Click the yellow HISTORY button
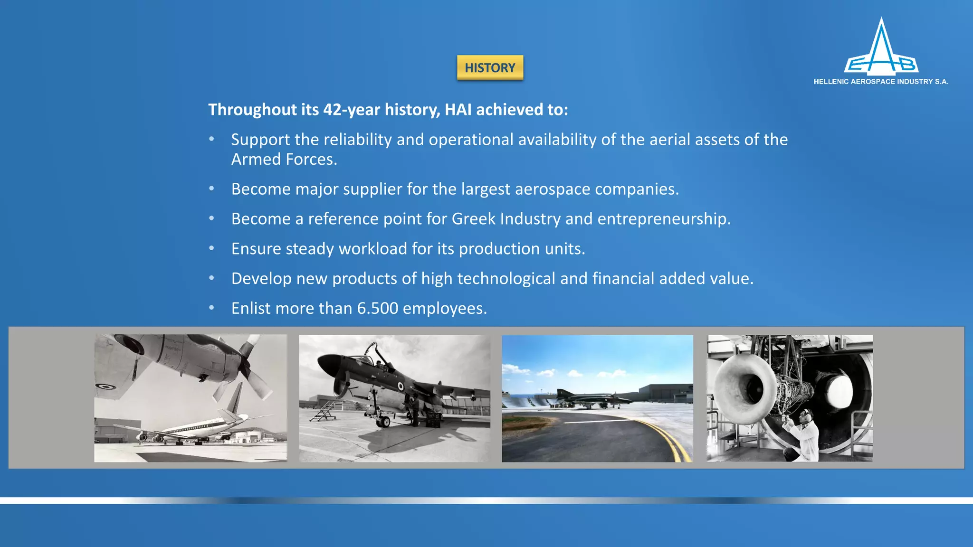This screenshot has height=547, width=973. pos(490,67)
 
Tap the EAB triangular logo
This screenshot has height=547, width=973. pos(881,50)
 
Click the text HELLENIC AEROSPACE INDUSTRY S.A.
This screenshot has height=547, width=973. pos(880,82)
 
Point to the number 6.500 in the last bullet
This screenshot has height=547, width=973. pos(378,308)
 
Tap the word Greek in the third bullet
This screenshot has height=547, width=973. pos(473,219)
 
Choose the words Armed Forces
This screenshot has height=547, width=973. pos(284,160)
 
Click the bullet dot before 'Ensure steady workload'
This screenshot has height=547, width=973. pos(212,248)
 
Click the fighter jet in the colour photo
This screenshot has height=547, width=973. pos(594,399)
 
